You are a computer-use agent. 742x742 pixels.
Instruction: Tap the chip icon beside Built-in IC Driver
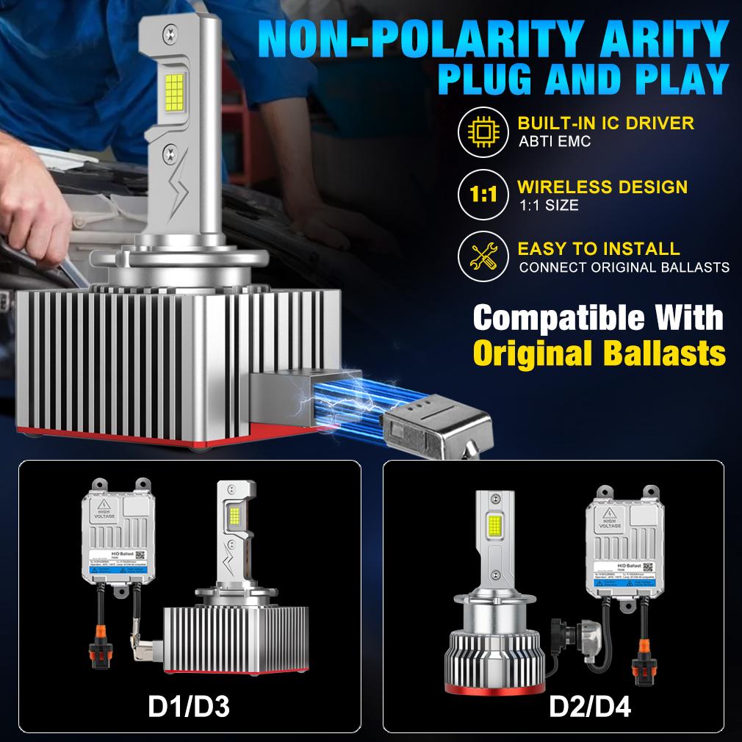click(x=478, y=130)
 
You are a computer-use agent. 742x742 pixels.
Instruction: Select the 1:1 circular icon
click(x=478, y=194)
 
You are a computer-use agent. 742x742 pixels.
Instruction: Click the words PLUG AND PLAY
click(x=583, y=79)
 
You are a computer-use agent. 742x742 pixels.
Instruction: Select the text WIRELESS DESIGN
click(x=602, y=187)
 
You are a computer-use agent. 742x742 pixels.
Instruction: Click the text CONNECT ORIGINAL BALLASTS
click(x=624, y=267)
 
